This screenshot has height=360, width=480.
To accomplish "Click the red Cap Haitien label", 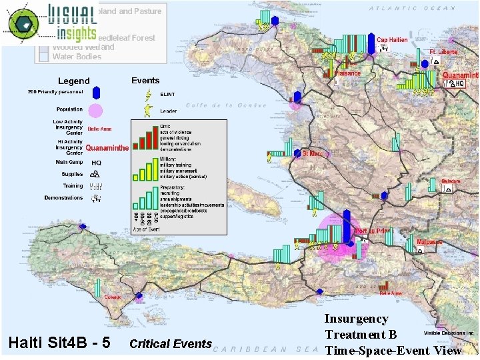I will click(392, 40).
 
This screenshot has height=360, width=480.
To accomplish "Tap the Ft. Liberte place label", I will click(443, 51).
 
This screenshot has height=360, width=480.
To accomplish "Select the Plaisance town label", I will click(347, 73).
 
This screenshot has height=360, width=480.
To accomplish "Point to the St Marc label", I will click(313, 154).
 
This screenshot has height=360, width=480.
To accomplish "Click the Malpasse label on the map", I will click(429, 242).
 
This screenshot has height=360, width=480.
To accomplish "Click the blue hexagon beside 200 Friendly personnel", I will click(96, 92).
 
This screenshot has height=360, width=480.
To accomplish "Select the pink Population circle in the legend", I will click(96, 110).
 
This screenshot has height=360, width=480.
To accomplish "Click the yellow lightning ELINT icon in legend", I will click(147, 93).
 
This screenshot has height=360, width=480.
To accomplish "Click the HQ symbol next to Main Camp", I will click(96, 162).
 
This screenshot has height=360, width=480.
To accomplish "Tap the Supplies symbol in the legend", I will click(95, 173).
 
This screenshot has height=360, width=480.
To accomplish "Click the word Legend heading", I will click(74, 81).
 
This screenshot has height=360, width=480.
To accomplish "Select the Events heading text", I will click(145, 81).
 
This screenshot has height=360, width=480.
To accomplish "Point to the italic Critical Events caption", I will click(171, 344).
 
